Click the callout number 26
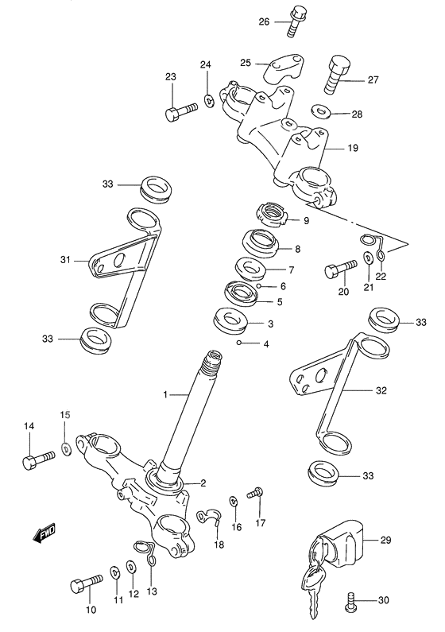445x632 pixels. (x=265, y=22)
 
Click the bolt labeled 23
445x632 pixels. (x=181, y=112)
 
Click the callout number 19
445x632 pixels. (x=353, y=147)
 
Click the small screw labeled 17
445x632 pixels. (x=254, y=494)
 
